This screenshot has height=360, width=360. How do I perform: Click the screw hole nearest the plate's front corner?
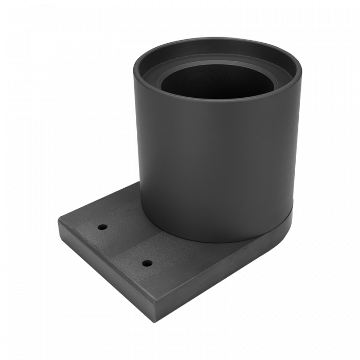[148, 263]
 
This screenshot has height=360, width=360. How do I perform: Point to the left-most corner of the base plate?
[58, 220]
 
